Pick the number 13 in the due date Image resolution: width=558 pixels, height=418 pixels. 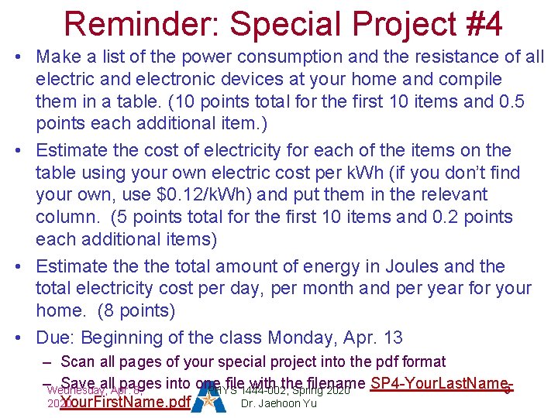[393, 337]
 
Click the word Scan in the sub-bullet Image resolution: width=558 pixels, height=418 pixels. [77, 361]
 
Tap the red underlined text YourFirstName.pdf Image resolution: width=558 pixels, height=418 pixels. [125, 403]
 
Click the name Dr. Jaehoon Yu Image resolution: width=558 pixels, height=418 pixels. [279, 403]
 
